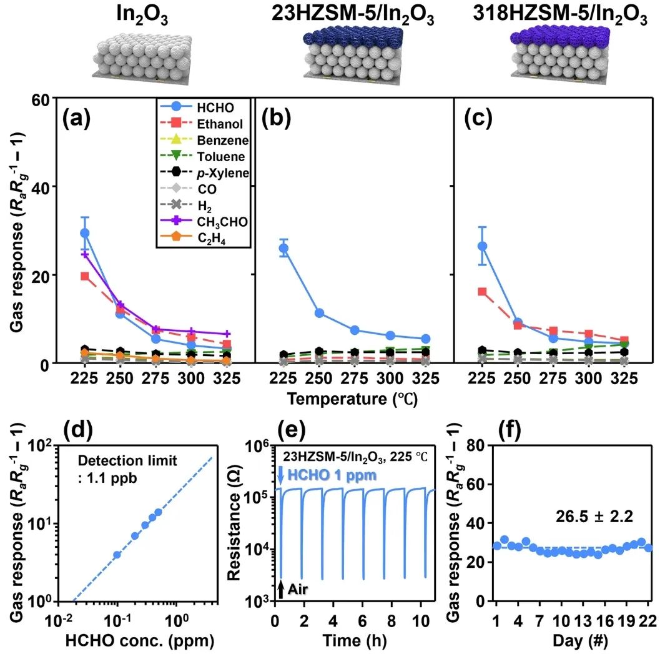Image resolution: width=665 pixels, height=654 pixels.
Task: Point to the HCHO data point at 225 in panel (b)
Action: click(283, 248)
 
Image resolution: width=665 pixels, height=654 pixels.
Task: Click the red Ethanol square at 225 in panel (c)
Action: click(481, 292)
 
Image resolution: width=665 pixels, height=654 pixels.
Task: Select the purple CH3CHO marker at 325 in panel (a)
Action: click(228, 334)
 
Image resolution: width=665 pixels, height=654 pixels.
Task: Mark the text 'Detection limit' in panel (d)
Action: click(128, 460)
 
